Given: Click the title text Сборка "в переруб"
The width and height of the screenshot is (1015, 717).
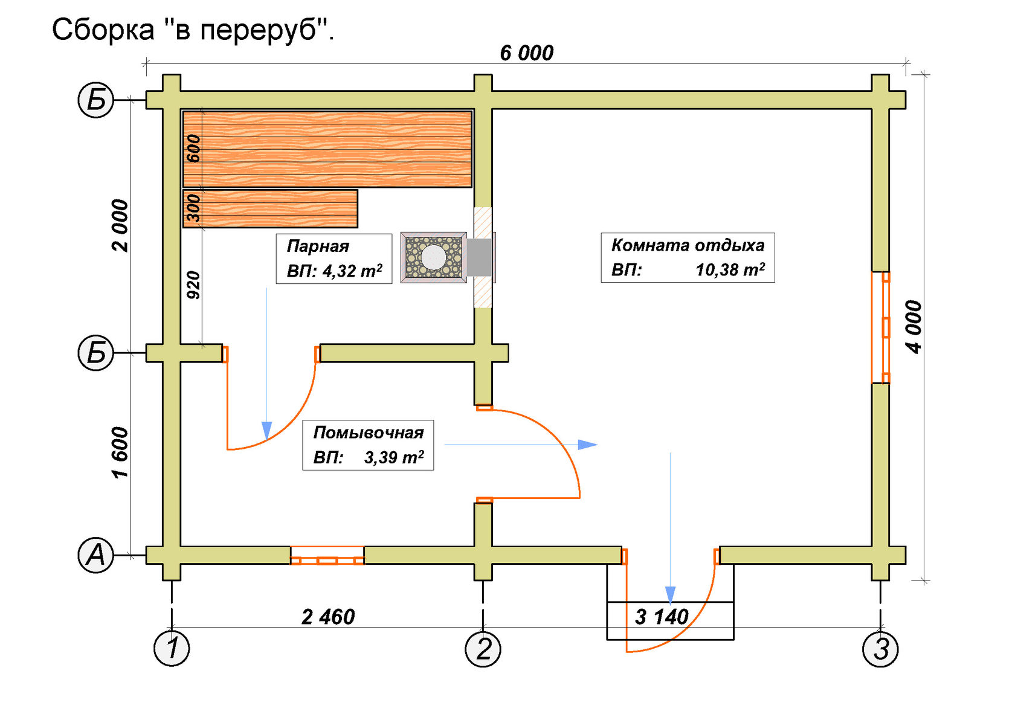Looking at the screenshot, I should coord(193,29).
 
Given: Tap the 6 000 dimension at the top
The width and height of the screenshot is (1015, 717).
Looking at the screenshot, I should coord(526,53).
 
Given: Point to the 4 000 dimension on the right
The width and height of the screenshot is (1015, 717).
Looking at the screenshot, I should coord(913,327).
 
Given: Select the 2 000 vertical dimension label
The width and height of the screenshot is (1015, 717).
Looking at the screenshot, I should coord(120,225).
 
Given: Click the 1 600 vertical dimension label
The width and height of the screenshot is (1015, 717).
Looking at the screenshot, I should coord(120,452).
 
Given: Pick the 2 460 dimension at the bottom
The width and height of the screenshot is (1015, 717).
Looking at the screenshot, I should coord(328,617).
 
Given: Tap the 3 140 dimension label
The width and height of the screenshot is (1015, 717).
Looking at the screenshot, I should coord(662,617).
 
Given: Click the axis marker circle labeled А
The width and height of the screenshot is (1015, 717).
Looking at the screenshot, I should coord(96,555).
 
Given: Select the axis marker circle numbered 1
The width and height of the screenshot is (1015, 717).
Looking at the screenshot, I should coord(172,649).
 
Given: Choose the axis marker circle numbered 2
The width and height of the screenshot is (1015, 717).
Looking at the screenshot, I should coord(483,649).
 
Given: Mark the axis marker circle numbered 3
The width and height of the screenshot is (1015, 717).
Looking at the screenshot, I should coord(880,649).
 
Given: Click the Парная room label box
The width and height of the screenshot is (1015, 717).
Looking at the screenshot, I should coord(334,259).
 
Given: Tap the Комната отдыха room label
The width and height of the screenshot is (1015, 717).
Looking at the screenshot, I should coord(688,257).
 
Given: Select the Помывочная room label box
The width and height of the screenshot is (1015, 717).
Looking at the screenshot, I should coord(368,445).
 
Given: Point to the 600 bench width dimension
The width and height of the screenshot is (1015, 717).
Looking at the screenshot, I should coord(193,149).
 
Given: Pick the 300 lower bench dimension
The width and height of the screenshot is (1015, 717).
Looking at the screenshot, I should coord(193,208).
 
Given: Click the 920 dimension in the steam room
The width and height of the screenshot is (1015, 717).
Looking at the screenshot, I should coord(193,285).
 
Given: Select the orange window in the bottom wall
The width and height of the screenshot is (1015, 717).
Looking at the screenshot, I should coord(327,556).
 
